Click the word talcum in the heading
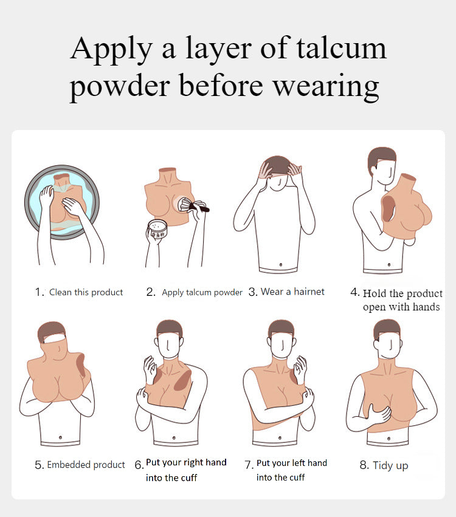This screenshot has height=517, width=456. (341, 48)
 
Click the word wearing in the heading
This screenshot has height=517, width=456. (326, 86)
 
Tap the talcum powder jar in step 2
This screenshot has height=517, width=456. (157, 228)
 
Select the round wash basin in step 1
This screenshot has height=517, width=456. (62, 202)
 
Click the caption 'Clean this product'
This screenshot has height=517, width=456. (86, 292)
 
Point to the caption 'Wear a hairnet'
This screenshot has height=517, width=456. (292, 292)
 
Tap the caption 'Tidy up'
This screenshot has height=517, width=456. (390, 465)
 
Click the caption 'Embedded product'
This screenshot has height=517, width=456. (86, 465)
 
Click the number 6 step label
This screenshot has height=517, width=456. (139, 465)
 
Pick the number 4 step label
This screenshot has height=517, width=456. (354, 292)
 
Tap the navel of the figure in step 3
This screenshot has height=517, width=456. (281, 264)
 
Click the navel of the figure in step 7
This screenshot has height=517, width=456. (280, 438)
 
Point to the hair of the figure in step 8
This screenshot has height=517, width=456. (387, 327)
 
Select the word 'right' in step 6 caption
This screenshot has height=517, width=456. (191, 462)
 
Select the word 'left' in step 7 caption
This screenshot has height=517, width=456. (299, 463)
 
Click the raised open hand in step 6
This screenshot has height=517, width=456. (150, 369)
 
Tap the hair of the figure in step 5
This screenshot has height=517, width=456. (50, 331)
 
